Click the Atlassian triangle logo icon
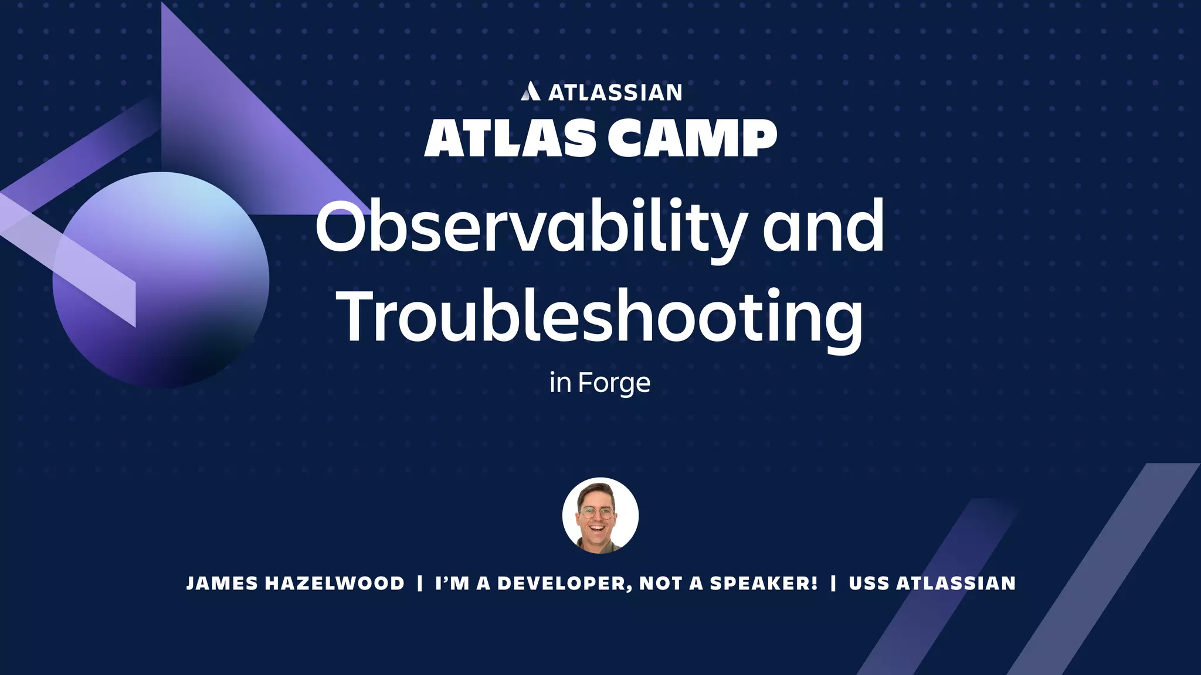coord(530,91)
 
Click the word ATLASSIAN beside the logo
coord(615,93)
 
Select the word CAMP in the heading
coord(692,138)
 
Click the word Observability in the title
coord(531,227)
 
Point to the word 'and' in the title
coord(823,227)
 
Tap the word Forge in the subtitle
coord(614,383)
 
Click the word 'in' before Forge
coord(560,383)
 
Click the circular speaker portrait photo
coord(600,516)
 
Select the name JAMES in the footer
coord(222,584)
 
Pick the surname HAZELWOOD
coord(334,584)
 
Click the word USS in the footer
coord(869,584)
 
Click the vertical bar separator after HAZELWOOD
coord(419,584)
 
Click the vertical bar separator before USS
coord(833,584)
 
